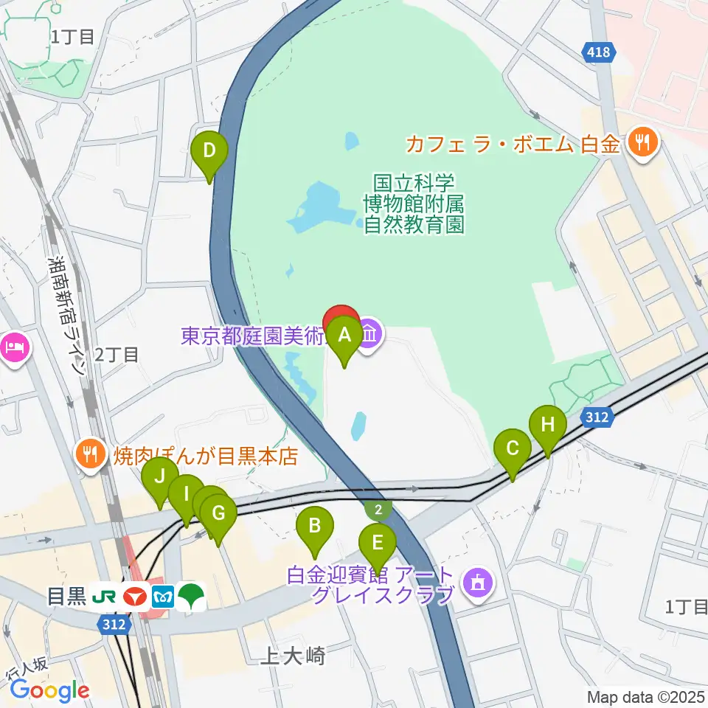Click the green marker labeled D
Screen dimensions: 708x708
click(209, 152)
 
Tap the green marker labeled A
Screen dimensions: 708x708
click(344, 336)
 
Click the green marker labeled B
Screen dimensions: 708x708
click(314, 527)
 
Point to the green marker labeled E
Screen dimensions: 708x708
click(377, 544)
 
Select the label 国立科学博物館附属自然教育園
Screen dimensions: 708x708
click(414, 204)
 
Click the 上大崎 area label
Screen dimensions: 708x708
click(292, 656)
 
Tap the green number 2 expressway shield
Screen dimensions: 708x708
click(378, 509)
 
